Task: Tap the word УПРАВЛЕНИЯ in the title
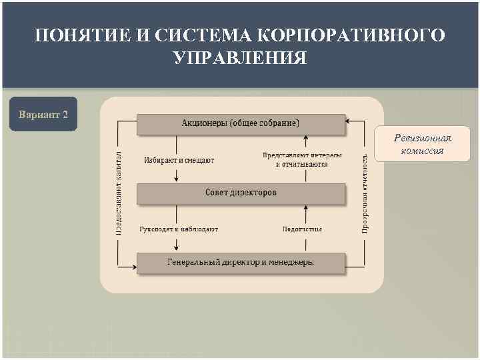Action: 240,58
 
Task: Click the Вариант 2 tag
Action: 43,114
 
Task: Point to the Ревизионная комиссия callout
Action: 422,145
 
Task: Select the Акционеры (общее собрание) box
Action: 241,123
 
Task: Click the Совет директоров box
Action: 241,193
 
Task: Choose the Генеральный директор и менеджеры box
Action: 241,263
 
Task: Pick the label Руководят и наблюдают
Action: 179,229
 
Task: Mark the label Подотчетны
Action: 302,229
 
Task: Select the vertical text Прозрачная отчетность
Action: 365,192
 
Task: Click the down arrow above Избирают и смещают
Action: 177,144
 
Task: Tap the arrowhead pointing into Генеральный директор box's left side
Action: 133,263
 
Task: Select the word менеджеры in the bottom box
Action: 291,263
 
